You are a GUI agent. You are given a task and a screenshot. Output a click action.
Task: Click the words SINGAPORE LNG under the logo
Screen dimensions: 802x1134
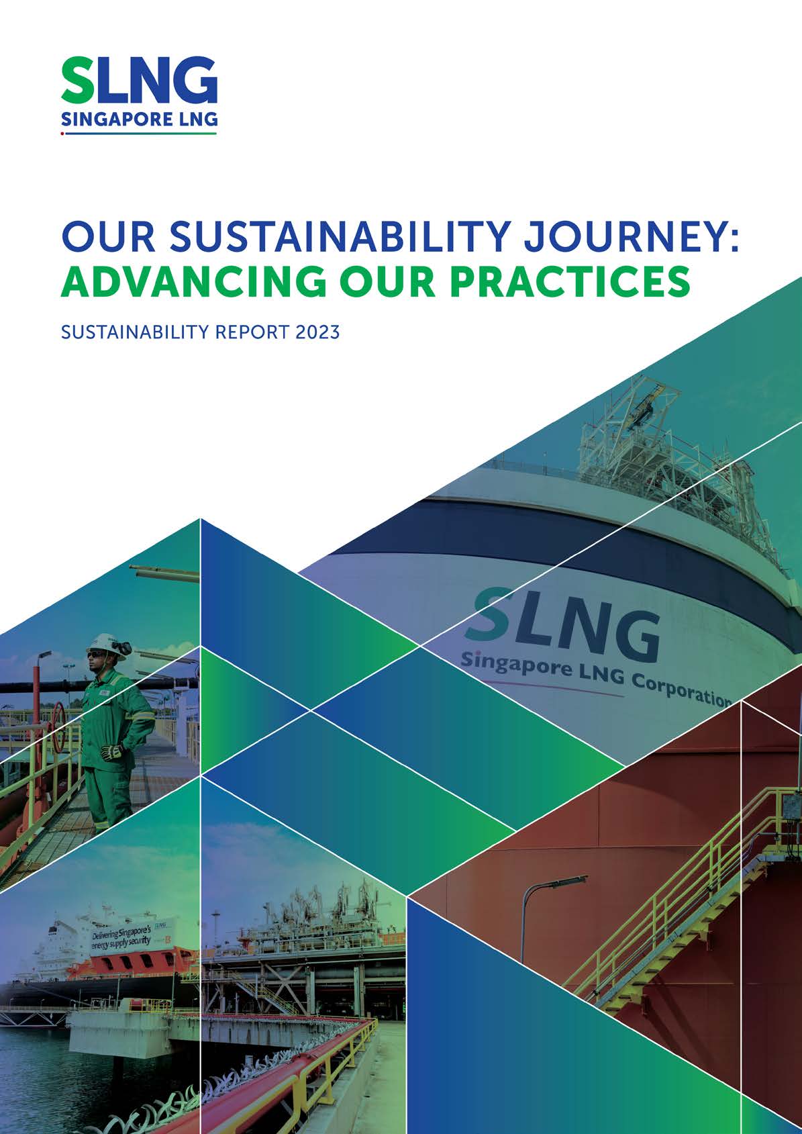pos(139,120)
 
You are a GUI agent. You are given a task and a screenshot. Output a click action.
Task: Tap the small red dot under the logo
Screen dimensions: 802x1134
pos(62,134)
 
